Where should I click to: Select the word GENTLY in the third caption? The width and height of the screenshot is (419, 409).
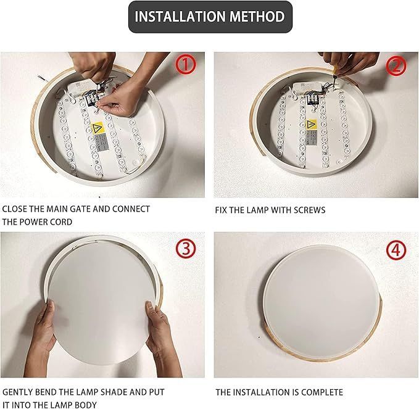coord(19,392)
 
